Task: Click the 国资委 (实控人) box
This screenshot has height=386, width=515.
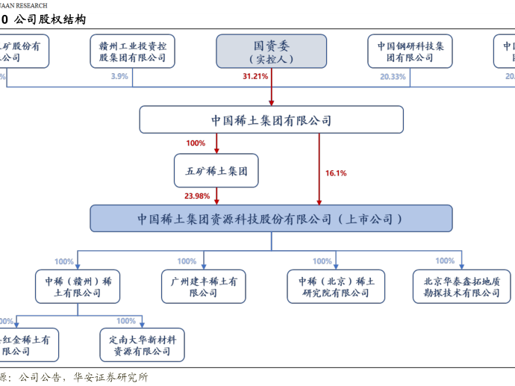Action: pyautogui.click(x=272, y=52)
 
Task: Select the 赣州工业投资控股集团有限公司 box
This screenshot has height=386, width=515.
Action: pyautogui.click(x=133, y=52)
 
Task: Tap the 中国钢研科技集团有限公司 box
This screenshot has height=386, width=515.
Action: pyautogui.click(x=410, y=52)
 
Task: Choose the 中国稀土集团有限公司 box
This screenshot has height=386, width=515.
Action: pyautogui.click(x=271, y=120)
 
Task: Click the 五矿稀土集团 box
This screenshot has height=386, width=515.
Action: pyautogui.click(x=216, y=170)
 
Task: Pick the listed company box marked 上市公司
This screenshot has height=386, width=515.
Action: pyautogui.click(x=271, y=219)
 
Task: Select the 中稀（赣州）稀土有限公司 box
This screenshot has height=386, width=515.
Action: pyautogui.click(x=78, y=287)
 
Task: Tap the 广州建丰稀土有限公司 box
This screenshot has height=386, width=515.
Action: pyautogui.click(x=203, y=287)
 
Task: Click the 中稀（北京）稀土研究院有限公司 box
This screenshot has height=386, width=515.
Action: pyautogui.click(x=336, y=287)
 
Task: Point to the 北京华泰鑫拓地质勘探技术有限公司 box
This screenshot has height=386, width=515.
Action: pyautogui.click(x=461, y=287)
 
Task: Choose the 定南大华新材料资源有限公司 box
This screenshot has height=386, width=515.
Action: pyautogui.click(x=142, y=345)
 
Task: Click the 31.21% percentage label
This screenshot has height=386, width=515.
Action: pyautogui.click(x=255, y=77)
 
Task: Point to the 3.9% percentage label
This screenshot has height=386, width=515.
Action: pyautogui.click(x=119, y=77)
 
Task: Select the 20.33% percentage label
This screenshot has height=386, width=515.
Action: pyautogui.click(x=393, y=77)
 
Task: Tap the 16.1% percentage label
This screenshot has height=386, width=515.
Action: pyautogui.click(x=336, y=173)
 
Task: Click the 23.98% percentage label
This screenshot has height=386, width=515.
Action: pyautogui.click(x=197, y=196)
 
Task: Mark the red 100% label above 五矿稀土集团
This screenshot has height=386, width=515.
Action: pyautogui.click(x=196, y=143)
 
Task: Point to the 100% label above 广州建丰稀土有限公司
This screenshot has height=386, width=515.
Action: pyautogui.click(x=187, y=261)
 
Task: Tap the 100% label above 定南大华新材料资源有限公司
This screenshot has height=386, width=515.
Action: pyautogui.click(x=126, y=321)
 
